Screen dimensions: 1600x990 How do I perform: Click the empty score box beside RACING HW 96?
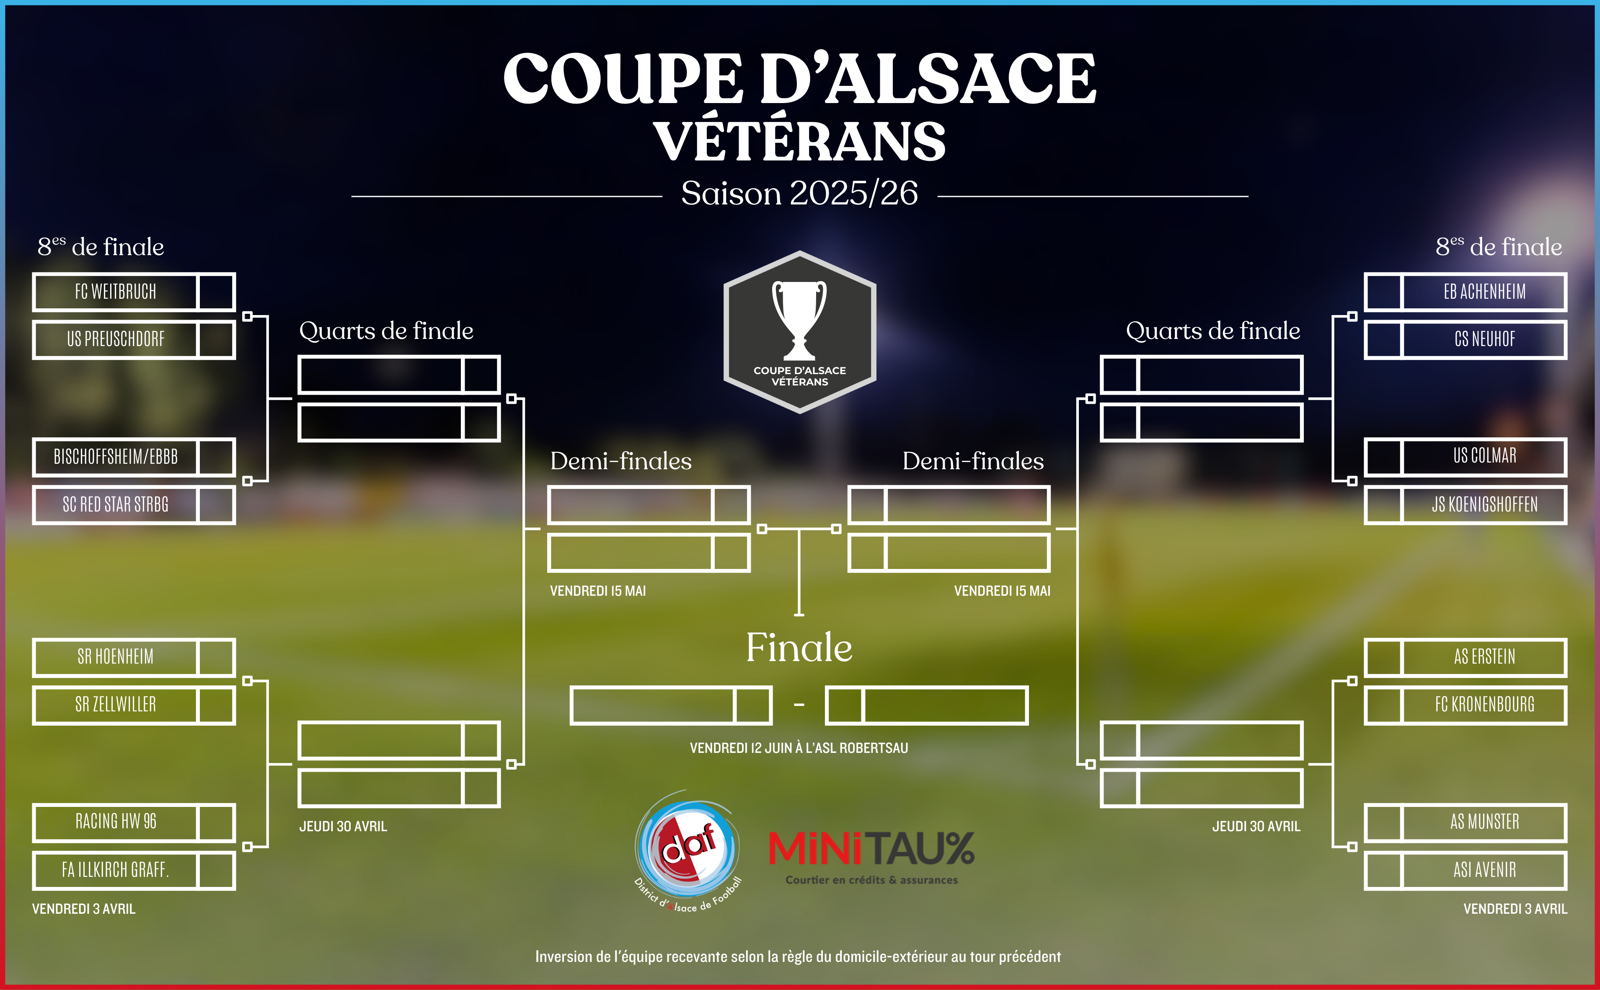click(x=216, y=822)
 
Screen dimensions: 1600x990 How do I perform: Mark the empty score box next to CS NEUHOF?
click(x=1383, y=340)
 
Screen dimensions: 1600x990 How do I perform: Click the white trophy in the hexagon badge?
click(x=799, y=320)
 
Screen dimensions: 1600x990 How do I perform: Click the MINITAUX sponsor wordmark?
click(x=871, y=848)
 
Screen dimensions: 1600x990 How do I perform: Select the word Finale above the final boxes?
click(x=799, y=648)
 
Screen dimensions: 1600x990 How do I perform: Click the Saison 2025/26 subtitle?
click(x=799, y=193)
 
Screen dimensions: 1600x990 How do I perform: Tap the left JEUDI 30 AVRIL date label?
click(x=343, y=826)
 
